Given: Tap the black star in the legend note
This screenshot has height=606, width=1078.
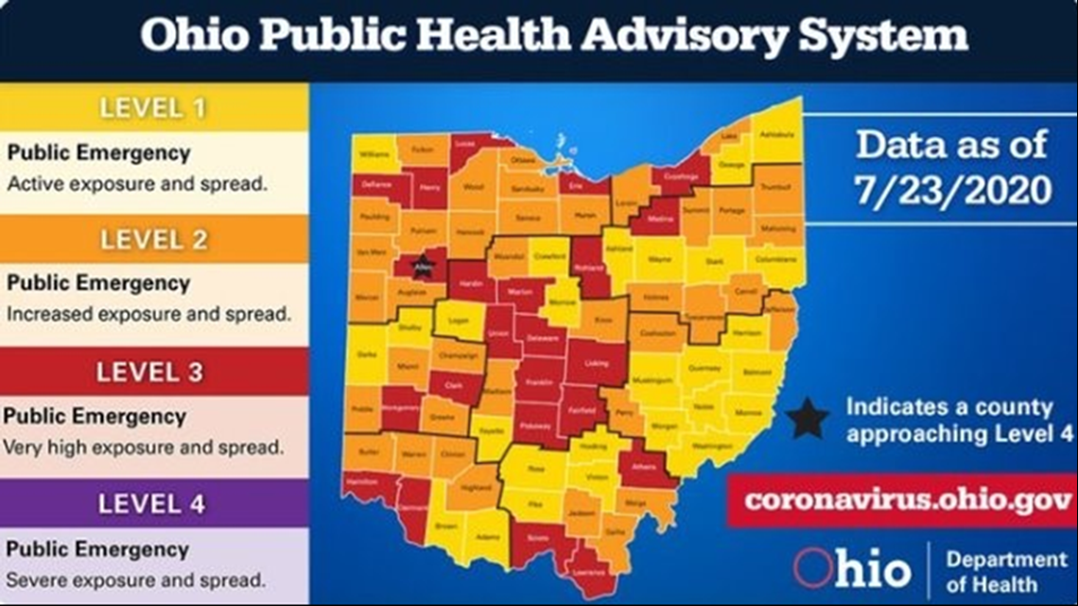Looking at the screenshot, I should [808, 420].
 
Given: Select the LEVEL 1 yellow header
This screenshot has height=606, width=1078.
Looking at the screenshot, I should [153, 108].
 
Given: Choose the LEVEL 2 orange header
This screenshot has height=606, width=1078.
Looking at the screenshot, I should [153, 239].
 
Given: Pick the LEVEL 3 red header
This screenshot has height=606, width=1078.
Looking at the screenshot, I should [153, 372].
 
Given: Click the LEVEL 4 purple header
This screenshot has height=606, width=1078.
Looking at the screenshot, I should [153, 504].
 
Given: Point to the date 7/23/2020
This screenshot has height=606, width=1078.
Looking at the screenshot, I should [952, 189].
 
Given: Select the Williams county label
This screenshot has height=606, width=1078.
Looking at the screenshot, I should [374, 153].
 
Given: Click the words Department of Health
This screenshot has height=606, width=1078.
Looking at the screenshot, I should [1005, 570].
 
